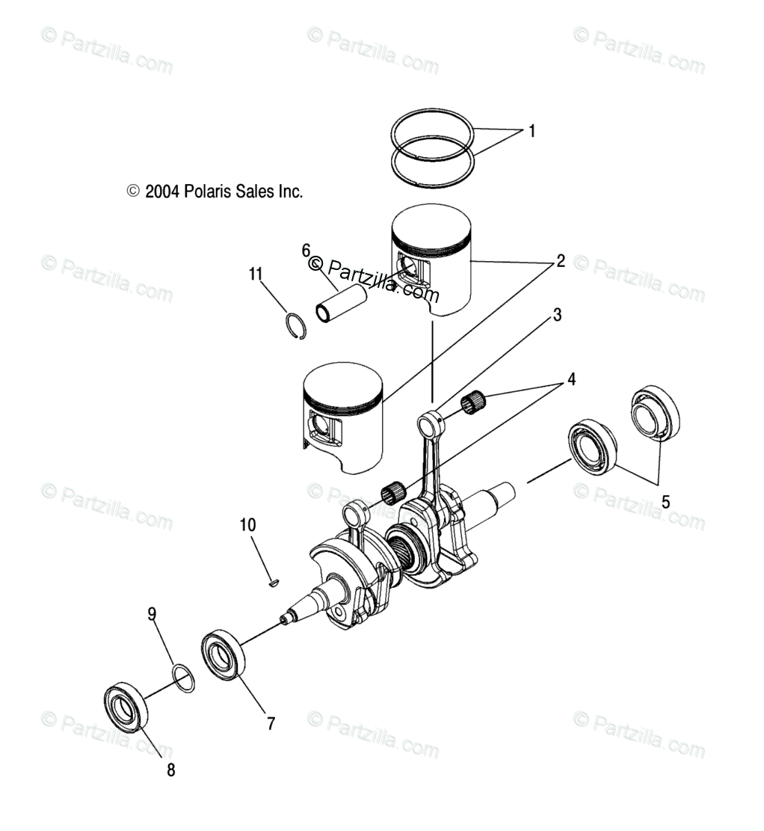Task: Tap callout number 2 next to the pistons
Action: [x=558, y=262]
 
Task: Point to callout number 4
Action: [x=570, y=379]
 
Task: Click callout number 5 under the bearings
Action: [x=666, y=501]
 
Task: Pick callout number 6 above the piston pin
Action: [x=306, y=249]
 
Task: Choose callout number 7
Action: [x=271, y=723]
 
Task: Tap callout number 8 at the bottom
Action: [x=171, y=770]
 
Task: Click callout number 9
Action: [x=152, y=614]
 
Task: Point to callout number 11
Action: [x=256, y=275]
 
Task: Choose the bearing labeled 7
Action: [x=223, y=655]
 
